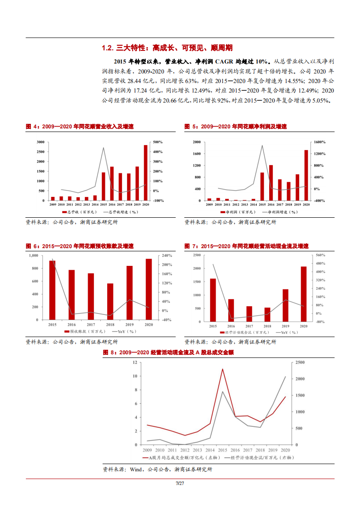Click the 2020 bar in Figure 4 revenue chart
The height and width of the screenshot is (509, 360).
(145, 173)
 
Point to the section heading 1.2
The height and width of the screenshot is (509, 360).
(168, 48)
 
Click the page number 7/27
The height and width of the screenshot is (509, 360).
(180, 483)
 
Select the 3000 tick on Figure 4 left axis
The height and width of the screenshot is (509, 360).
(40, 142)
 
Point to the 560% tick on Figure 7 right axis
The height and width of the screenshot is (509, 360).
(320, 255)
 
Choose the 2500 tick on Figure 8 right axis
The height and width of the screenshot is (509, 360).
(299, 362)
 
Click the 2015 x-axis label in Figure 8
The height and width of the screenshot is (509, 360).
(222, 450)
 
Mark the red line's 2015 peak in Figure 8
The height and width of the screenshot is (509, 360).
(222, 369)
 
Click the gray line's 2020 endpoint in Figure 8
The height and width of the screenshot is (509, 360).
(286, 376)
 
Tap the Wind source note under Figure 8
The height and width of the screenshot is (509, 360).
(157, 470)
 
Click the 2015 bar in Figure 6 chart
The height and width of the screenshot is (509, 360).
(52, 290)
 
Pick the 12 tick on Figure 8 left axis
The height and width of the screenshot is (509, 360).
(135, 362)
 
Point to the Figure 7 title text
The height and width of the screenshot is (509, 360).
(247, 246)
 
